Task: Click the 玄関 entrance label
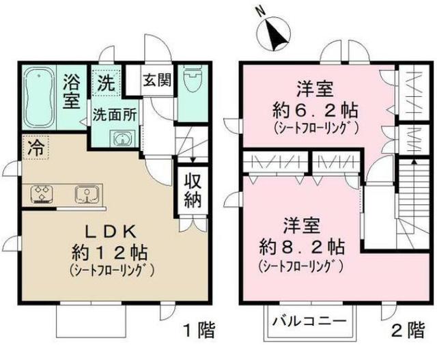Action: (156, 81)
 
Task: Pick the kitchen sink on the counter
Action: (87, 195)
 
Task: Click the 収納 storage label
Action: (192, 191)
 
